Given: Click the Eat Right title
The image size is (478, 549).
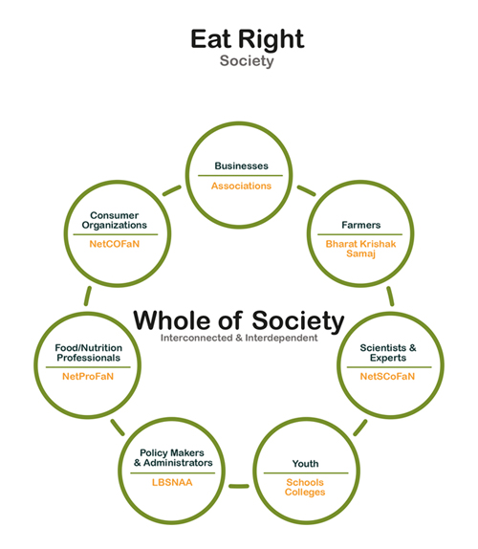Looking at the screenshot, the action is (x=247, y=40).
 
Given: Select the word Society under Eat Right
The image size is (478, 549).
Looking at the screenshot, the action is (x=247, y=61).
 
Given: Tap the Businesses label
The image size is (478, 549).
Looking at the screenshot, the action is (x=242, y=165).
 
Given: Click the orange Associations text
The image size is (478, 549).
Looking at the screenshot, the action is (x=241, y=186).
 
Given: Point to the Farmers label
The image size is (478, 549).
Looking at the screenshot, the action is (x=360, y=225).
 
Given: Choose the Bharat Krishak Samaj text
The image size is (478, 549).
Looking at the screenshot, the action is (x=360, y=249).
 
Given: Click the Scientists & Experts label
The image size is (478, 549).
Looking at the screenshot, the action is (x=388, y=353).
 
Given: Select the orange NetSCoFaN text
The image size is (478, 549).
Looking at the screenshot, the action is (x=387, y=377).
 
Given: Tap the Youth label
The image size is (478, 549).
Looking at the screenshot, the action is (x=306, y=464).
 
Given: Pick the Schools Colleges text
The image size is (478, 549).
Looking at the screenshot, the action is (x=305, y=488).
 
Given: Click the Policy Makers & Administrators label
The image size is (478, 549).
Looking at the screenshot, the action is (x=173, y=458).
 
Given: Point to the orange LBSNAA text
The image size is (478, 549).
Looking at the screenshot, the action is (x=172, y=482).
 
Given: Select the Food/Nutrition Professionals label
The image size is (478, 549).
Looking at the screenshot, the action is (x=89, y=353).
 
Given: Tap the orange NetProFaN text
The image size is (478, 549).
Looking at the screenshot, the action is (x=88, y=377).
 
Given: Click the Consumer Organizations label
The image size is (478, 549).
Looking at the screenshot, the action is (x=115, y=220).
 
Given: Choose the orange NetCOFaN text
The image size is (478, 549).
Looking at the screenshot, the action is (x=115, y=244).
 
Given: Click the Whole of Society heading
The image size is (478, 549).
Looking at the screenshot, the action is (x=239, y=320).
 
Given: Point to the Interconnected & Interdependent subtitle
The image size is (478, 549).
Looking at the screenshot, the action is (x=239, y=338).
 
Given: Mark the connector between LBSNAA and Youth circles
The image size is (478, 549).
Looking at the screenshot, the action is (x=239, y=486).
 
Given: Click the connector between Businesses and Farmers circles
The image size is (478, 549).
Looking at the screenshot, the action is (x=306, y=190).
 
